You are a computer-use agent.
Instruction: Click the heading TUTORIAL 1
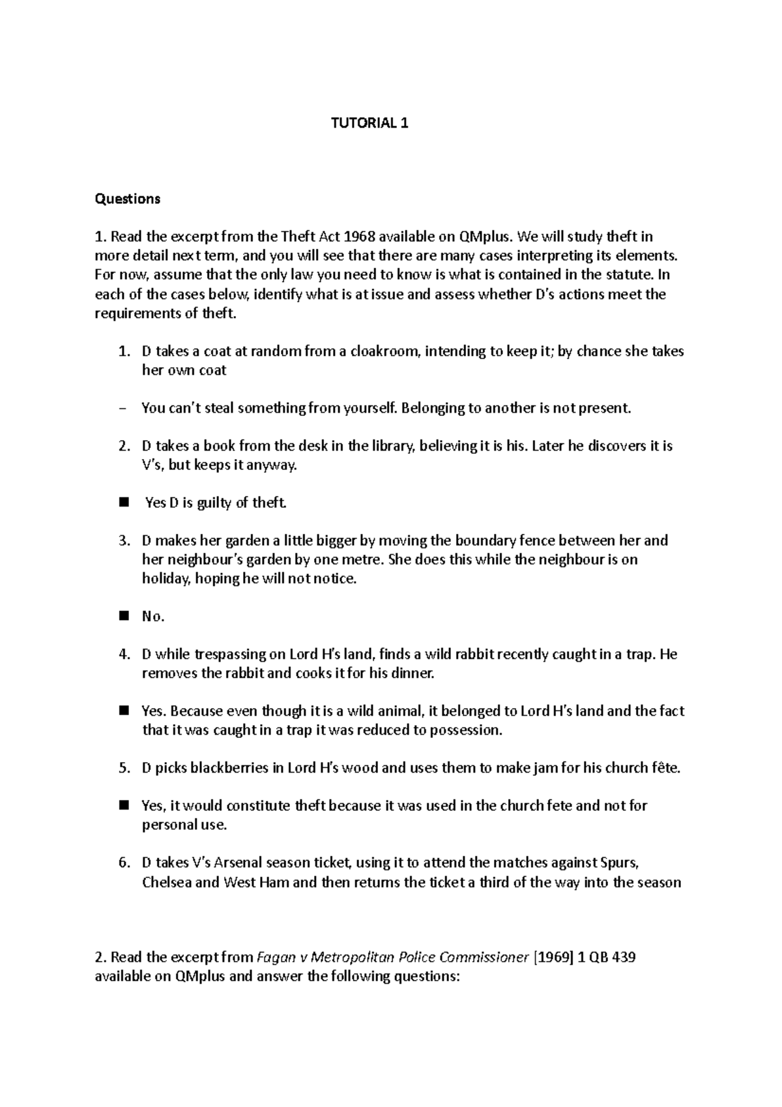pos(369,123)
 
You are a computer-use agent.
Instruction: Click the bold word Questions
pos(127,199)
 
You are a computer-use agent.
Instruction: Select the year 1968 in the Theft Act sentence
pos(359,237)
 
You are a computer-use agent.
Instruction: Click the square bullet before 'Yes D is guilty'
pos(124,503)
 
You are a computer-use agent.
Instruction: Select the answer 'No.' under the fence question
pos(152,616)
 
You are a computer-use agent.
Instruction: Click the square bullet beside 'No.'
pos(124,616)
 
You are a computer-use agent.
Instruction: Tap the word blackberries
pos(228,767)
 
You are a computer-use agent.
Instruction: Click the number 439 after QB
pos(623,957)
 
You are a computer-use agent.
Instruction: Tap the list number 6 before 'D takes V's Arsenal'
pos(124,863)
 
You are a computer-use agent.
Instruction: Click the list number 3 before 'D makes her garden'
pos(124,540)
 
